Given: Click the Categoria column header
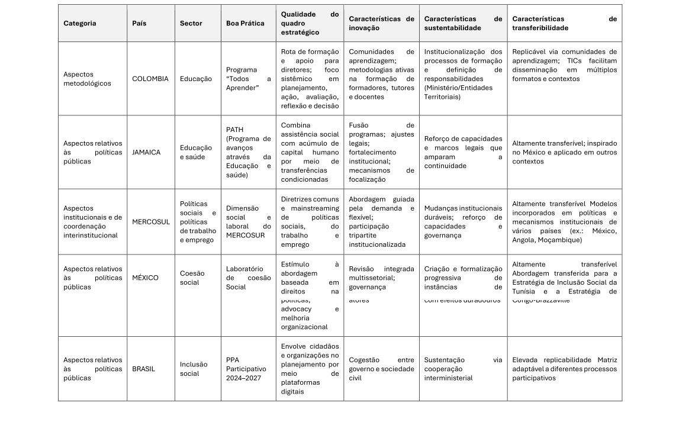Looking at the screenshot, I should [80, 24].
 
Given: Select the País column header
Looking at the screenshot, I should [139, 24].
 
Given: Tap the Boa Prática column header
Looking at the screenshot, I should [245, 24].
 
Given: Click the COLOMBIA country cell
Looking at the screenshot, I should [150, 79].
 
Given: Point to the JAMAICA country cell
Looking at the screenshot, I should [146, 152].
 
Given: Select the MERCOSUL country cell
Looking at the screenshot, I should [150, 222].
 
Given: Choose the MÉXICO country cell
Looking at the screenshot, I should [145, 278].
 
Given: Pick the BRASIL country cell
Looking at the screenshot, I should [143, 369].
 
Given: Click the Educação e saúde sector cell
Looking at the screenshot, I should [196, 152].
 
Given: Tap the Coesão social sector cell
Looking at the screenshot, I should [192, 278].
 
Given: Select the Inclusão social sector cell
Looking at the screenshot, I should [194, 369].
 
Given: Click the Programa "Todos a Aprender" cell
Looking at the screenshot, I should [248, 79].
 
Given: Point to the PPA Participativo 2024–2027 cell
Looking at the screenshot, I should [246, 369].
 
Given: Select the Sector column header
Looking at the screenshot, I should [191, 24].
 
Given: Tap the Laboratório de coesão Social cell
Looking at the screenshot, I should [248, 278].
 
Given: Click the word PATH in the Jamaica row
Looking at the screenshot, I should [234, 130].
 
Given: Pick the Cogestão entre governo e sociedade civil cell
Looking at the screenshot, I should [381, 369].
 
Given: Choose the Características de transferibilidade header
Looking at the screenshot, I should [564, 24].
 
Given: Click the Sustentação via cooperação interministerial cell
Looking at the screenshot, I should [462, 369].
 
